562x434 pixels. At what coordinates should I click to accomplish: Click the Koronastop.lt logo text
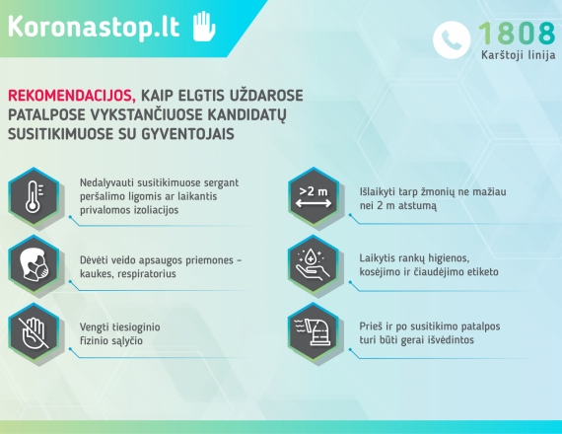(x=94, y=27)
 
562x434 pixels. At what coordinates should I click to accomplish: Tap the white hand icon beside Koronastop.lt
(x=204, y=27)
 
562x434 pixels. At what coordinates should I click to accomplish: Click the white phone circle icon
(x=452, y=39)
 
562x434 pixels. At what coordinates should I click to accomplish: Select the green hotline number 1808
(x=518, y=33)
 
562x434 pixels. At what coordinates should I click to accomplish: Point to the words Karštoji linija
(x=519, y=55)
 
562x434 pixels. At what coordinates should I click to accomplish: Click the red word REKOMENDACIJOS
(x=72, y=96)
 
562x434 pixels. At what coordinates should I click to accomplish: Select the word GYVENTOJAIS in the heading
(x=187, y=134)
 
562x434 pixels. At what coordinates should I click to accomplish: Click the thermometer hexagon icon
(x=35, y=196)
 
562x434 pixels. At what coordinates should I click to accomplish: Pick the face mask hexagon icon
(x=35, y=264)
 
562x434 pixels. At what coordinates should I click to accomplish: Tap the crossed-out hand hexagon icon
(x=35, y=331)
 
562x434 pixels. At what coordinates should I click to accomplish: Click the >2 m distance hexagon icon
(x=314, y=196)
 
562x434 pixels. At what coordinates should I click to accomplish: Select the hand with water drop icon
(x=314, y=264)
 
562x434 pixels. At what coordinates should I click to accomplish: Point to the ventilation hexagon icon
(x=314, y=331)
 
